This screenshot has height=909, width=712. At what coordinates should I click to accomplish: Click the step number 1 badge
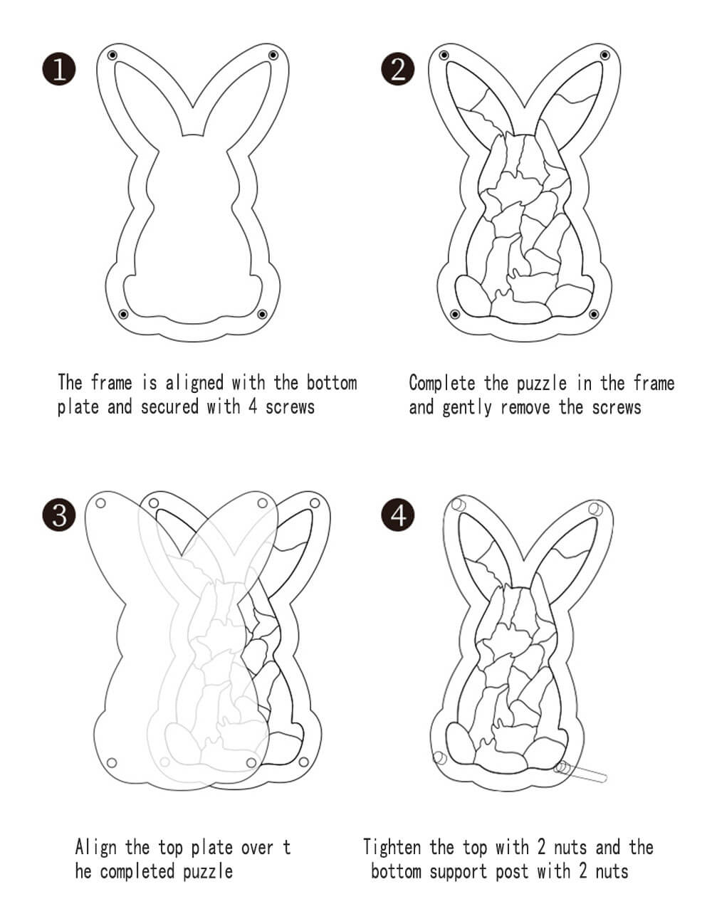point(59,69)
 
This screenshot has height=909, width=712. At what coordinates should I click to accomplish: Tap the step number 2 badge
point(398,69)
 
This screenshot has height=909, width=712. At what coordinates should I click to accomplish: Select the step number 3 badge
point(59,515)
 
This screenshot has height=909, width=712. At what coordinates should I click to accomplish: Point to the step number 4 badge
point(398,515)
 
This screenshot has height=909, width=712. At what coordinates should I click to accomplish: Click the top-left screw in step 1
point(112,56)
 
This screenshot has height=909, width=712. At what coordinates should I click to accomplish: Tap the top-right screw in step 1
point(273,56)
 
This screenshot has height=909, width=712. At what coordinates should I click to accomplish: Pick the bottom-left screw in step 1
point(123,314)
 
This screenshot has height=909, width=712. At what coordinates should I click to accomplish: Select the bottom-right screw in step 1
point(262,314)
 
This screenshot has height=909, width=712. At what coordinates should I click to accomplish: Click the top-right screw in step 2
point(605,56)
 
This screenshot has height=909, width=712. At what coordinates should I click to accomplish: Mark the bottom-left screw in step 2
point(455,314)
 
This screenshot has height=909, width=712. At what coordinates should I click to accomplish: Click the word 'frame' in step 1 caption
point(111,382)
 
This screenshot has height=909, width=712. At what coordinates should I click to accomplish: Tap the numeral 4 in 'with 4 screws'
point(252,406)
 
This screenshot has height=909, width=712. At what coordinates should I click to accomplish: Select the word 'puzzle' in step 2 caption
point(542,383)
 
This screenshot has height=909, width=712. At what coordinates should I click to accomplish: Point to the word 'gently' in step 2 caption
point(467,407)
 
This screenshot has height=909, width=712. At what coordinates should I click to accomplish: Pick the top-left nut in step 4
point(459,505)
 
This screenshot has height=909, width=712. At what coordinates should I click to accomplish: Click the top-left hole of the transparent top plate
point(100,503)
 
